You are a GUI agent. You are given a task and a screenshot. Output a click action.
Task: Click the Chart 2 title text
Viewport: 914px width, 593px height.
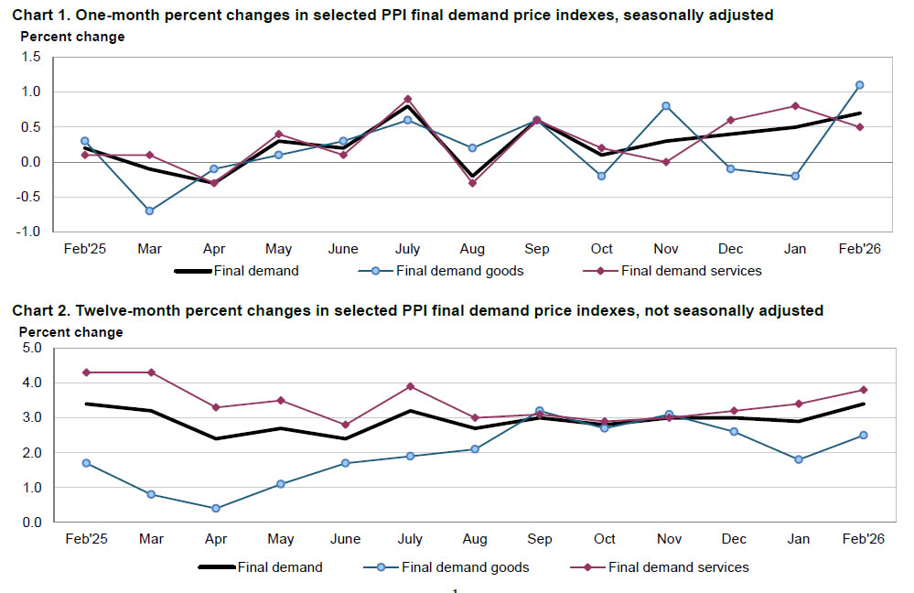pos(417,311)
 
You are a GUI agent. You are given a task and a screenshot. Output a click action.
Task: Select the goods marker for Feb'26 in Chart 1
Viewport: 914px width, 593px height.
pos(859,85)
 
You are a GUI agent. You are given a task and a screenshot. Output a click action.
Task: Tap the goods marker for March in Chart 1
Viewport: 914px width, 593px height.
pos(149,210)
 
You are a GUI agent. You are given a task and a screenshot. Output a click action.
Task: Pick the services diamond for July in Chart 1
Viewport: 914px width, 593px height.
pos(407,99)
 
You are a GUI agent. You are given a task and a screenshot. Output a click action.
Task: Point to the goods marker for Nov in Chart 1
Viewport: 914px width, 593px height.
pos(666,106)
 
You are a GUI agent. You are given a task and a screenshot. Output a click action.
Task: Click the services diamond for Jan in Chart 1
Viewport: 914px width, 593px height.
pos(795,106)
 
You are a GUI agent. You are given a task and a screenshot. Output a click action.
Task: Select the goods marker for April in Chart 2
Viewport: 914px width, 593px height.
pos(214,508)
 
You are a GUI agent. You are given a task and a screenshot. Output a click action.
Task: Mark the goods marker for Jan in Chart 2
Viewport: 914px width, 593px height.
pos(799,459)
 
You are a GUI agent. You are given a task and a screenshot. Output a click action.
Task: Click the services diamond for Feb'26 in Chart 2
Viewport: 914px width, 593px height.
pos(863,390)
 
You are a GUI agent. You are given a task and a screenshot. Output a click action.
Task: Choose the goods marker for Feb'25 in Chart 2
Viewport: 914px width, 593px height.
pos(85,463)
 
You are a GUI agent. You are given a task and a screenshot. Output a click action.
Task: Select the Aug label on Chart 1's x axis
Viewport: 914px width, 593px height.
pos(472,249)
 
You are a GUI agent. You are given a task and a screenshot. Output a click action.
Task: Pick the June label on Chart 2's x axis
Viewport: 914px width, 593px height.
pos(343,539)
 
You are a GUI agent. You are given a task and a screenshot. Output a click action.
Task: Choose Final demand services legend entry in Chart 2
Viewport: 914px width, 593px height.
pos(678,567)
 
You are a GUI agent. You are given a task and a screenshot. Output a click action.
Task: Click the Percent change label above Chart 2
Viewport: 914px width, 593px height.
pos(71,332)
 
